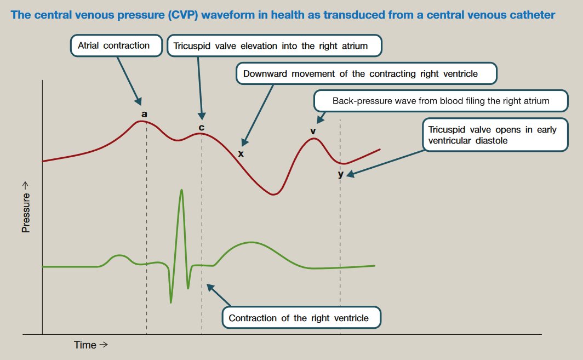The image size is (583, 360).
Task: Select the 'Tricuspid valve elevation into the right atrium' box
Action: (275, 46)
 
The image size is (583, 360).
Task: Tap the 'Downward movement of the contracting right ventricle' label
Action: (366, 74)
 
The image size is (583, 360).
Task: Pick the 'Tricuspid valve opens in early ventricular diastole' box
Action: (495, 135)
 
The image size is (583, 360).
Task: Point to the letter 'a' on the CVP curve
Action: (144, 114)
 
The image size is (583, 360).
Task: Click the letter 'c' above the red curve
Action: (201, 128)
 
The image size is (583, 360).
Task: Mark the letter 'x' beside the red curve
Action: (241, 154)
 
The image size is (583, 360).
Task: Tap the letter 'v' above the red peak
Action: (313, 131)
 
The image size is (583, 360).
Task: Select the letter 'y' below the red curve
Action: (340, 174)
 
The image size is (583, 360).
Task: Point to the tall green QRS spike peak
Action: (181, 190)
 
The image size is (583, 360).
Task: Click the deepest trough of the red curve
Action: (273, 194)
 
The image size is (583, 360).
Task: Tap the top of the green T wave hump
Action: (251, 242)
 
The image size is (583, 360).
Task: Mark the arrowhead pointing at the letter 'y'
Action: (349, 175)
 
